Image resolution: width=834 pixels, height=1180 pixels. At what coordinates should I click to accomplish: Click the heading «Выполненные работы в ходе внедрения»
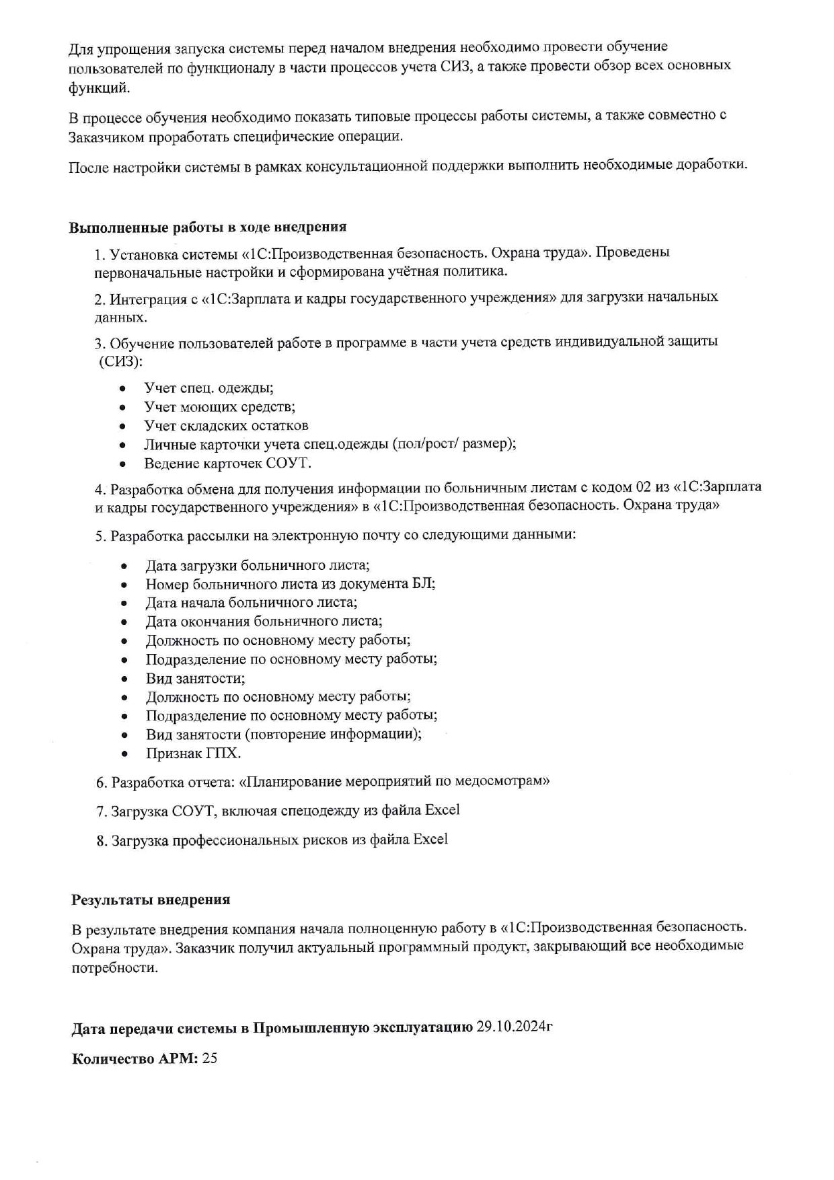click(207, 227)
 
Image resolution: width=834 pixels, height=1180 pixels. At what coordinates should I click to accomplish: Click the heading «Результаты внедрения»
click(151, 899)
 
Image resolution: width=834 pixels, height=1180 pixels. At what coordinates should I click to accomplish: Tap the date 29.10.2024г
click(514, 1027)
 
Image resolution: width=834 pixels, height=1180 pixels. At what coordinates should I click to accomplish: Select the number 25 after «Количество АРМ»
click(209, 1058)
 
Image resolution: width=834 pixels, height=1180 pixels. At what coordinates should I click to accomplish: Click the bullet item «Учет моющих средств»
click(219, 407)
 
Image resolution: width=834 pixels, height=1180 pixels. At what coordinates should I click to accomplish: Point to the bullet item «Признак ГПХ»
click(193, 753)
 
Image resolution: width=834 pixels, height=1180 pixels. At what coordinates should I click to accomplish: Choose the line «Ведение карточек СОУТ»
click(227, 464)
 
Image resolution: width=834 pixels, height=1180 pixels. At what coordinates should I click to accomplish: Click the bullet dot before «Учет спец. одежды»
click(122, 389)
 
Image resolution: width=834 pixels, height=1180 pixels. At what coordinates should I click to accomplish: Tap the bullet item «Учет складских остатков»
click(226, 426)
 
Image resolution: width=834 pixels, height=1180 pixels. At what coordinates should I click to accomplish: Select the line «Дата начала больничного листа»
click(251, 603)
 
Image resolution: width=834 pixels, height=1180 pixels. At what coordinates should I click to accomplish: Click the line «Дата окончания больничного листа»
click(264, 622)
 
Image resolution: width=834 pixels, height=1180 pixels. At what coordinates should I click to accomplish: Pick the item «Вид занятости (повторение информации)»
click(283, 734)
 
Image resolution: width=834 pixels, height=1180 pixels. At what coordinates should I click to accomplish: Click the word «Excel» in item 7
click(442, 810)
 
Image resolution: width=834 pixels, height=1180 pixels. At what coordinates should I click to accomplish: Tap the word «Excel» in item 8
click(430, 840)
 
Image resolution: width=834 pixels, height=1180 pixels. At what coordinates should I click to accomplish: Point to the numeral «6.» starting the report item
click(102, 782)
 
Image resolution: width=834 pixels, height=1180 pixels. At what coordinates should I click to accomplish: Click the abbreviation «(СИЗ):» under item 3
click(120, 362)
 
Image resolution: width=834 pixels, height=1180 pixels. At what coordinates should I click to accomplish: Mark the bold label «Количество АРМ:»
click(135, 1058)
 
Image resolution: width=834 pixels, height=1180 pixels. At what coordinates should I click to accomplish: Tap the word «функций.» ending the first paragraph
click(99, 87)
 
